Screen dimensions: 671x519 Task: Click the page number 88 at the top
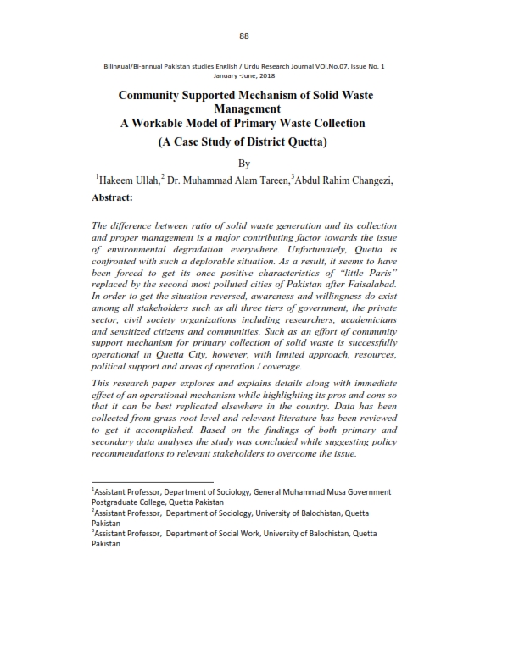[x=243, y=36]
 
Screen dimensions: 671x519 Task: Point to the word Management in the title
[x=246, y=109]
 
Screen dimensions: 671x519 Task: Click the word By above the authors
[x=246, y=162]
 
